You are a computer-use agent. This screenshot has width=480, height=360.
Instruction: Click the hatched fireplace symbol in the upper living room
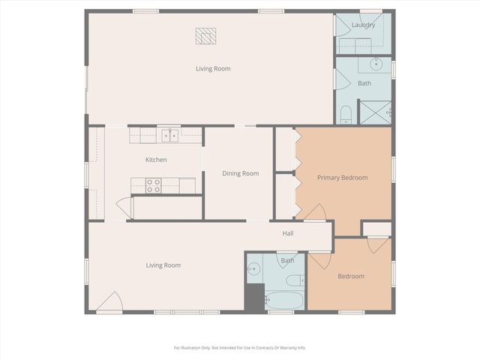pyautogui.click(x=205, y=35)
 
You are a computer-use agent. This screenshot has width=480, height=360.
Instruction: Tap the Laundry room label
pyautogui.click(x=363, y=25)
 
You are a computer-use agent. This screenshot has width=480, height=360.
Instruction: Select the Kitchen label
pyautogui.click(x=156, y=160)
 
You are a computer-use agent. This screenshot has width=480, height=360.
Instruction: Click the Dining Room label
pyautogui.click(x=240, y=173)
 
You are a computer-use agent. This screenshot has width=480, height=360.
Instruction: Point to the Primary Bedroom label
pyautogui.click(x=342, y=178)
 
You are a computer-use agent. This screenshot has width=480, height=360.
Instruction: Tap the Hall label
pyautogui.click(x=288, y=233)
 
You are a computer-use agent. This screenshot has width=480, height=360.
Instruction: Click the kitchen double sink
pyautogui.click(x=170, y=136)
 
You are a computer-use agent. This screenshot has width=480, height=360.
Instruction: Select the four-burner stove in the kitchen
pyautogui.click(x=154, y=185)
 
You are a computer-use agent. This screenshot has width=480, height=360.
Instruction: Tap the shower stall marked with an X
pyautogui.click(x=375, y=112)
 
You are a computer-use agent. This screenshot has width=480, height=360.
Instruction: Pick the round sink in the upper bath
pyautogui.click(x=377, y=65)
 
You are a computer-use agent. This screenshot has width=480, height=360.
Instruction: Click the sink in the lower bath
pyautogui.click(x=253, y=268)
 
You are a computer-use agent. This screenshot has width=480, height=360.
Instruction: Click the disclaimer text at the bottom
pyautogui.click(x=240, y=347)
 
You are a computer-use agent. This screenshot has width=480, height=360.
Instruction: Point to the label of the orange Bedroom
pyautogui.click(x=350, y=276)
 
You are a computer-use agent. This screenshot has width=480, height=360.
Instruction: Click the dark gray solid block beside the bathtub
pyautogui.click(x=255, y=298)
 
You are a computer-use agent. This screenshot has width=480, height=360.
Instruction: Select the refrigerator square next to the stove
pyautogui.click(x=187, y=184)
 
